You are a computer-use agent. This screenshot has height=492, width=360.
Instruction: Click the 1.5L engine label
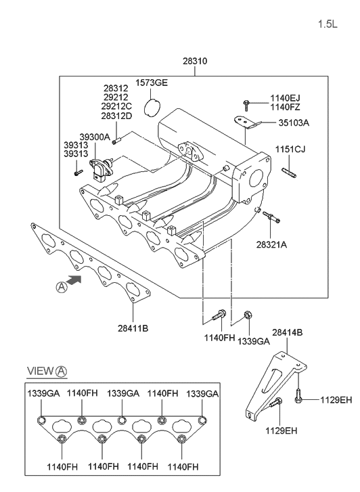click(x=328, y=24)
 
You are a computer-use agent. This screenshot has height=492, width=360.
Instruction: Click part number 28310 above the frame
click(x=195, y=61)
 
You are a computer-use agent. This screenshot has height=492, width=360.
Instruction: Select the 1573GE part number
click(x=152, y=83)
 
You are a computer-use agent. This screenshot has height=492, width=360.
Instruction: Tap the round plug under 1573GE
click(x=152, y=108)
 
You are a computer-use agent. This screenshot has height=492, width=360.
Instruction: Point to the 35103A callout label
click(x=294, y=122)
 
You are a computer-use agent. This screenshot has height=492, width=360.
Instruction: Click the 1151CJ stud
click(x=289, y=173)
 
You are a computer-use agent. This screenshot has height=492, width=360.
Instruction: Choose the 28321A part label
click(x=271, y=245)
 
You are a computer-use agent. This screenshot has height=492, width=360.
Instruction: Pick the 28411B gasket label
click(x=133, y=328)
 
